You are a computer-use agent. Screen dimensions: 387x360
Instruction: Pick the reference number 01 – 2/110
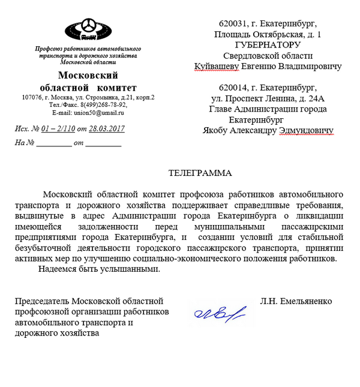[x=58, y=128]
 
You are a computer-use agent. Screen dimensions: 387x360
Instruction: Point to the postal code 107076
[x=33, y=97]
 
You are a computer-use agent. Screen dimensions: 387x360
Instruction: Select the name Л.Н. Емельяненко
[x=296, y=301]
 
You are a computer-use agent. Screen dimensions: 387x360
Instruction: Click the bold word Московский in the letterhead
[x=88, y=75]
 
